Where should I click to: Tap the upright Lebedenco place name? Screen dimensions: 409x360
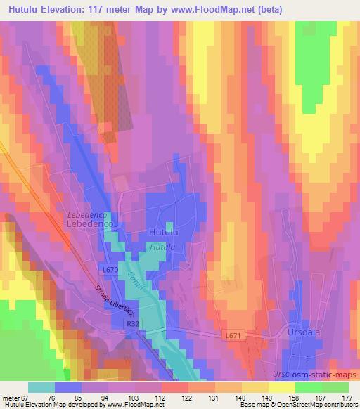pyautogui.click(x=89, y=223)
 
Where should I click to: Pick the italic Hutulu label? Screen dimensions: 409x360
pyautogui.click(x=162, y=247)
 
